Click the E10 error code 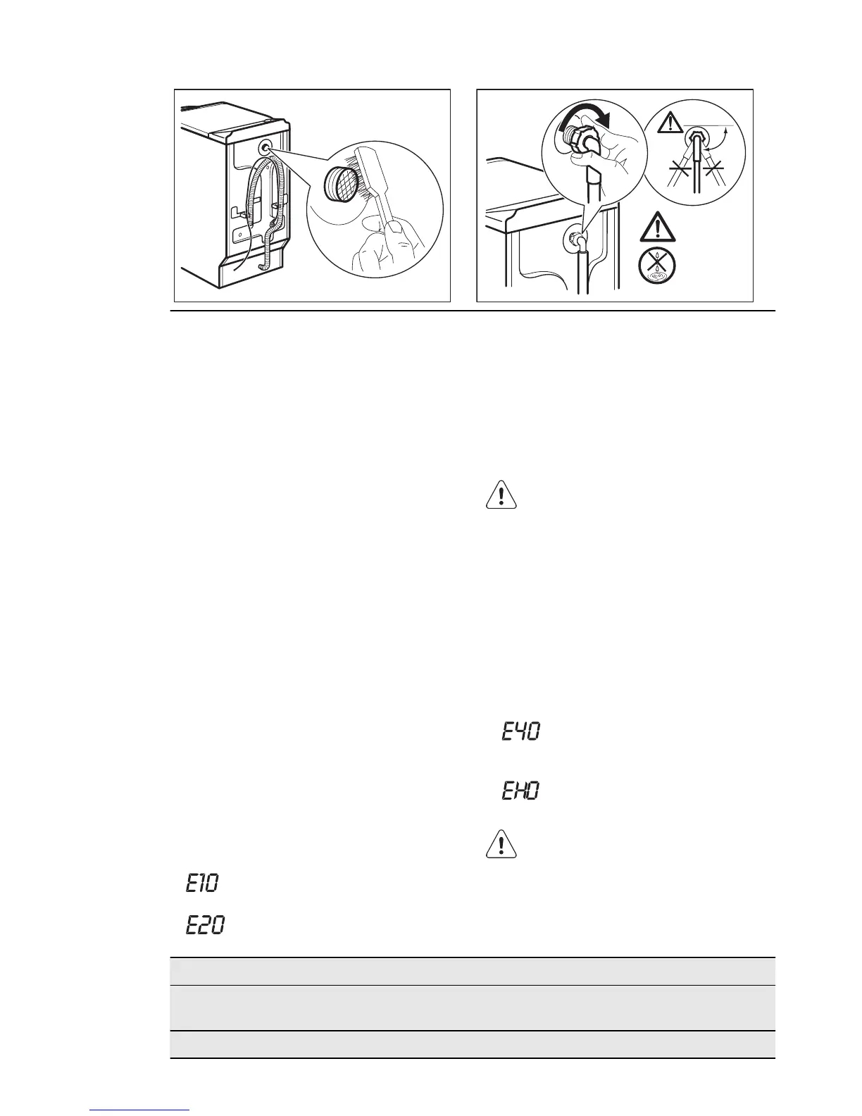202,883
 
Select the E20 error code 204,925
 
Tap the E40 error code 520,733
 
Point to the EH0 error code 520,792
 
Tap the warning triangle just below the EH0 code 501,844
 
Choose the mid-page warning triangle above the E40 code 501,496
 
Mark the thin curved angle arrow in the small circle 723,141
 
